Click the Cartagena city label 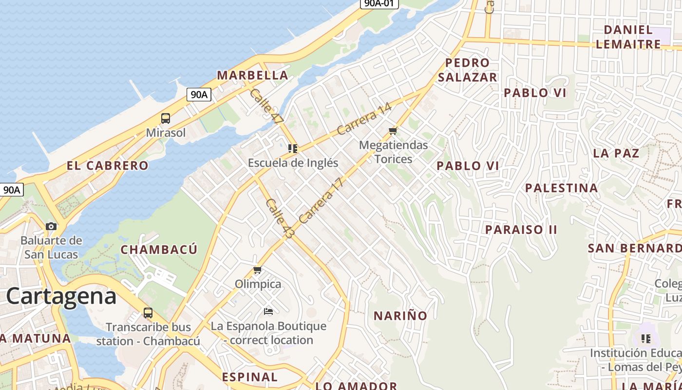tap(61, 296)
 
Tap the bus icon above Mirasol tap(166, 118)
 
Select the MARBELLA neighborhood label tap(252, 76)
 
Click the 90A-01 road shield tap(379, 3)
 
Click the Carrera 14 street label tap(364, 119)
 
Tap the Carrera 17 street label tap(321, 201)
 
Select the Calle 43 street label tap(280, 218)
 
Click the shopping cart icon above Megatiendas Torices tap(393, 131)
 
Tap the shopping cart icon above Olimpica tap(258, 270)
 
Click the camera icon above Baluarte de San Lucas tap(51, 226)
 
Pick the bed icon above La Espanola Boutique tap(268, 311)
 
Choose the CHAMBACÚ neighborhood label tap(159, 250)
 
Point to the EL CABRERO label tap(107, 166)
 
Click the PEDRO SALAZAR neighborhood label tap(467, 70)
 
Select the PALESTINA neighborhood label tap(561, 188)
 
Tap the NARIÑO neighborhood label tap(400, 316)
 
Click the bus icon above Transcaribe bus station tap(148, 313)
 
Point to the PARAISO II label tap(521, 230)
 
